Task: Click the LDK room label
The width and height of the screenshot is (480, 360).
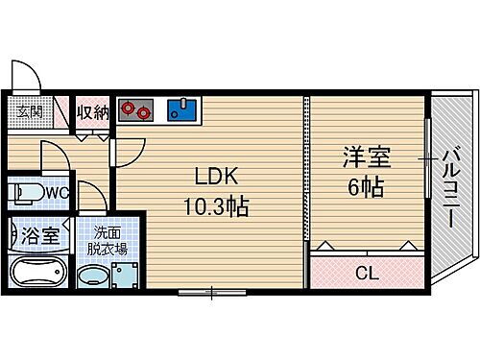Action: (211, 179)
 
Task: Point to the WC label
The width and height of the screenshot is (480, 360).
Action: (56, 192)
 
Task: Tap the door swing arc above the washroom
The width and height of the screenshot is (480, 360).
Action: (90, 197)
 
